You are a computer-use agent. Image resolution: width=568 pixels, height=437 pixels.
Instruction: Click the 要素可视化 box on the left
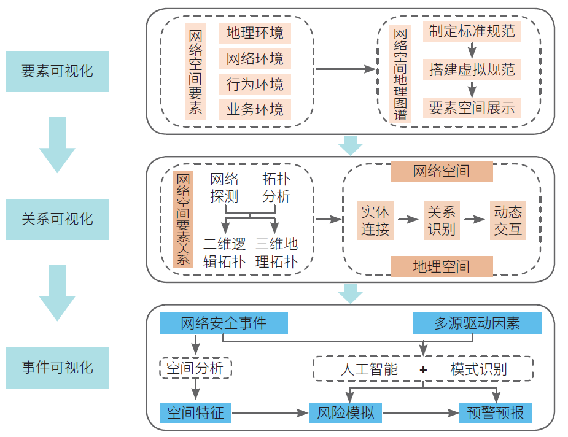57,71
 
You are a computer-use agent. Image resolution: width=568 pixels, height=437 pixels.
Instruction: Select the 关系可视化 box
57,219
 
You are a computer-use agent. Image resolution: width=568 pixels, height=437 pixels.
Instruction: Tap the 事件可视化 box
57,368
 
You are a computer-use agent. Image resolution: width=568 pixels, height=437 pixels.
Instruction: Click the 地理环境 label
255,33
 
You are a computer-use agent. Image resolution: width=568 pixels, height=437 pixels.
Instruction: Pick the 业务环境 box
255,110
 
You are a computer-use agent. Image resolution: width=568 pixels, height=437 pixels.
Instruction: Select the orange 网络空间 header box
442,171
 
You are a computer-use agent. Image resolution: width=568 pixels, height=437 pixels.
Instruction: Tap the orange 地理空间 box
442,266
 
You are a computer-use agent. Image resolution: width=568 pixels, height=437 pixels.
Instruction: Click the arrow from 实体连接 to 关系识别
407,219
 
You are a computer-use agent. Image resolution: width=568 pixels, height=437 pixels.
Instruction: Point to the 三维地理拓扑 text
276,253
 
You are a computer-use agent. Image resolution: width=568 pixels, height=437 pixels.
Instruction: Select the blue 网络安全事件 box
224,323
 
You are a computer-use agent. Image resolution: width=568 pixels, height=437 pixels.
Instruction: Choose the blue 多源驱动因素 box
477,323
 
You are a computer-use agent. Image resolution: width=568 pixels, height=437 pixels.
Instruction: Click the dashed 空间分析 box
195,368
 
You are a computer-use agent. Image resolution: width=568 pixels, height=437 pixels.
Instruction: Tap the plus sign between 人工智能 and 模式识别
423,369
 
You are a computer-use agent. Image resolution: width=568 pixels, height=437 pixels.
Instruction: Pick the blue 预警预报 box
496,413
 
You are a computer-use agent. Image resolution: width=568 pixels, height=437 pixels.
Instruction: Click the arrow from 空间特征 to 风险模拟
270,413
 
